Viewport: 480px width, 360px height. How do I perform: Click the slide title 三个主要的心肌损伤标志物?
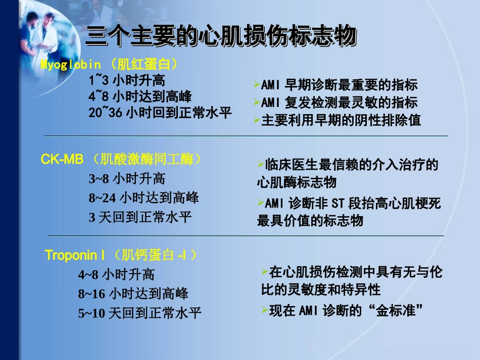221,37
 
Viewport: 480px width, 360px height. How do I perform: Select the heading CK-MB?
62,160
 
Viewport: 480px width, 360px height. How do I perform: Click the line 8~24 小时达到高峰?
143,197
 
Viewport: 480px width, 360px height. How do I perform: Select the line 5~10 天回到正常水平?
139,314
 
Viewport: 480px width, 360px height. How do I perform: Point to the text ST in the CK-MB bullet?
337,204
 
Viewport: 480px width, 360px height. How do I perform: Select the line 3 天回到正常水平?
140,217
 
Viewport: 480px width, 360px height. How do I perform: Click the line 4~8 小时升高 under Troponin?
116,275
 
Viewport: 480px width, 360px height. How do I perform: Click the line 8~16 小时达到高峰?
133,294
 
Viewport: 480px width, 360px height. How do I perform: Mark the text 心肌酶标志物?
296,182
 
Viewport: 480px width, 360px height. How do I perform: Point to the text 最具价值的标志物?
310,221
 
